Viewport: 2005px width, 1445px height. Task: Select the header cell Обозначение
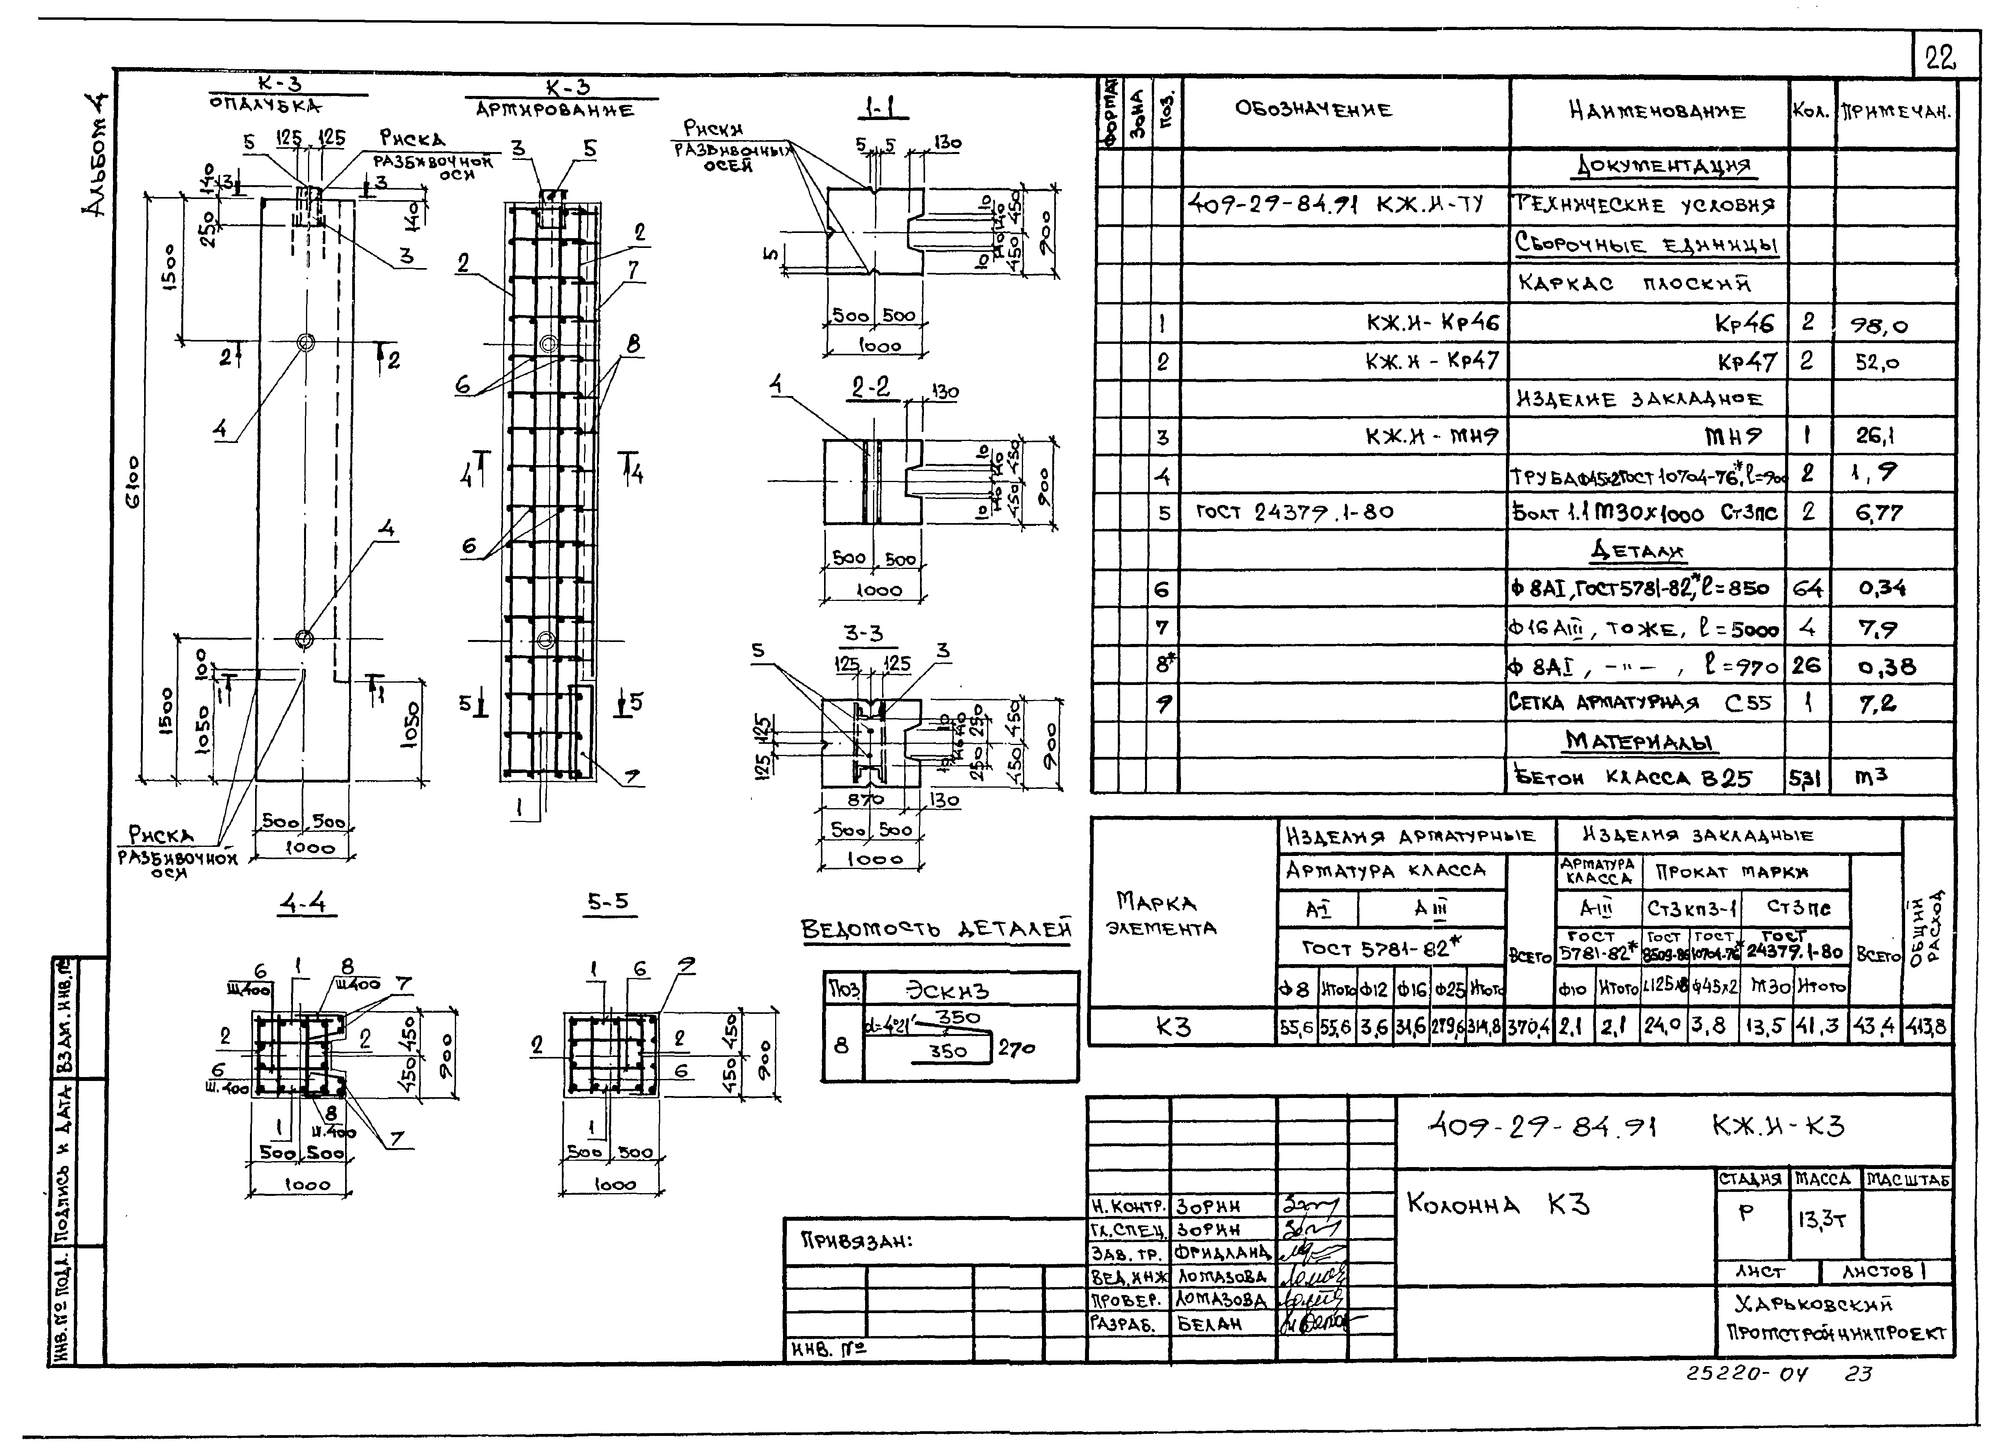1314,110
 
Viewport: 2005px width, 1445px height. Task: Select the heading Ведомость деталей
935,929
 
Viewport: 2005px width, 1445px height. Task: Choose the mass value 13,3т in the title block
1821,1220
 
